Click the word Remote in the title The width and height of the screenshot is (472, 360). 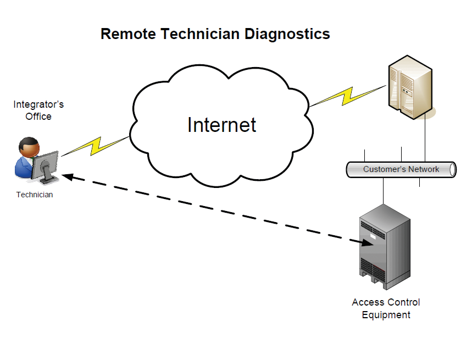(x=128, y=34)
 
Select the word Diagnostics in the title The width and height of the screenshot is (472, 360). (x=287, y=34)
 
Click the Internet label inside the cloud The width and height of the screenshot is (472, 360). (x=221, y=125)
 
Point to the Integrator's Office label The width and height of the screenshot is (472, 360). (x=38, y=110)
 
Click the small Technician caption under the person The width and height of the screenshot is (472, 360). (x=35, y=195)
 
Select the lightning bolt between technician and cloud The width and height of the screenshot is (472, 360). (x=97, y=146)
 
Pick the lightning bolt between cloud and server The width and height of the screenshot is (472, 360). (x=347, y=96)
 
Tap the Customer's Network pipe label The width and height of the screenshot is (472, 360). (x=401, y=169)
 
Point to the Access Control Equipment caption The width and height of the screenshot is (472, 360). (x=386, y=308)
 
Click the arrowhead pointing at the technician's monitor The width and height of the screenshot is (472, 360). (x=67, y=176)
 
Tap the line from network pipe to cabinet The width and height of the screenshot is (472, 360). (x=383, y=190)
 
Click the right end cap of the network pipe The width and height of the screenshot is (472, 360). (x=453, y=169)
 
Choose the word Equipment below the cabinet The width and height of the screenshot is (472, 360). (x=386, y=315)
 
